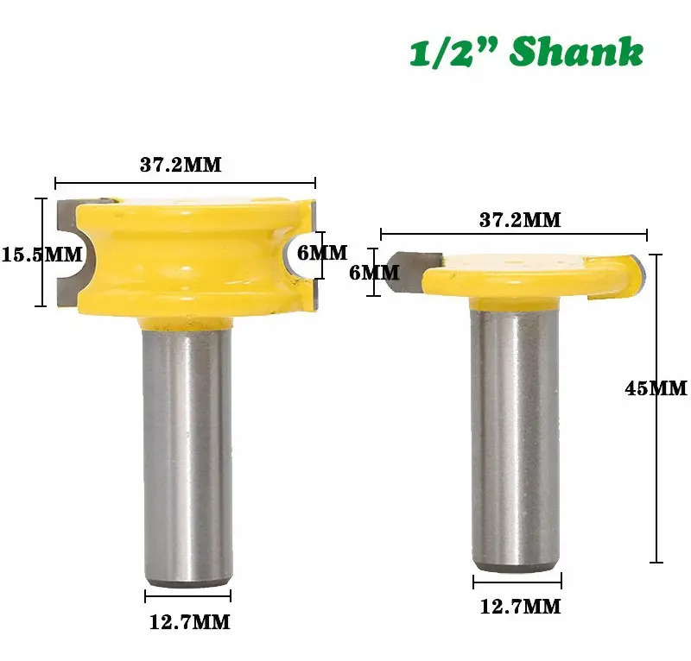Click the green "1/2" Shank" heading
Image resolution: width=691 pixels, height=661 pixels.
(527, 52)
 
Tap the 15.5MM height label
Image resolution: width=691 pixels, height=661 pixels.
(42, 255)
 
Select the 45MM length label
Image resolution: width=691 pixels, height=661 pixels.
(656, 388)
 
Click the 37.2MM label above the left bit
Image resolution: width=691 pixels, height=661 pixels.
(181, 165)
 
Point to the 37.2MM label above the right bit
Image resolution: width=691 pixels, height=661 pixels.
(520, 220)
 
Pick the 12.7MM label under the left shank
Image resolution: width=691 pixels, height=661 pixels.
(189, 622)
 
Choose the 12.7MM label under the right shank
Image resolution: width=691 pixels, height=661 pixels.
(520, 607)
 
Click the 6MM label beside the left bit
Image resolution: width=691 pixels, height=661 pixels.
(322, 253)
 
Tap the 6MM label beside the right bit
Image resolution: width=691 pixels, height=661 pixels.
(374, 273)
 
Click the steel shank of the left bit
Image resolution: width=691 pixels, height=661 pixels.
(187, 458)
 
